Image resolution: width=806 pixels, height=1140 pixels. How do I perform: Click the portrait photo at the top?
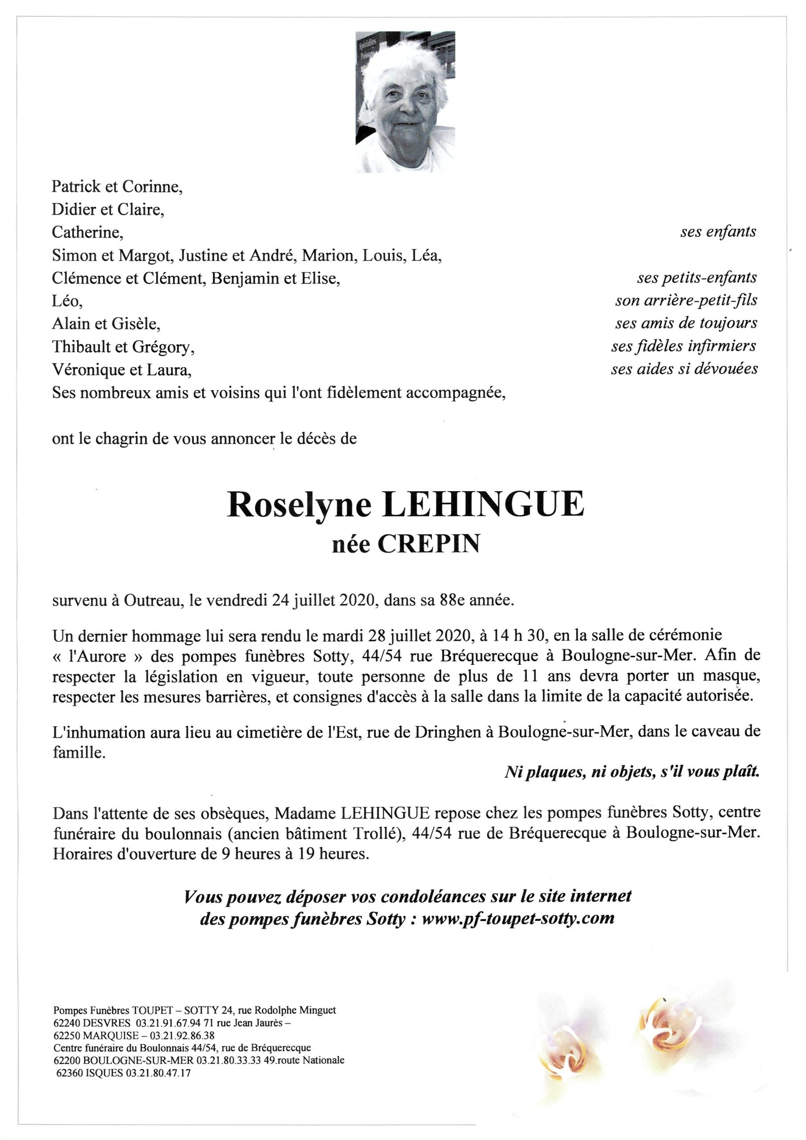click(x=405, y=102)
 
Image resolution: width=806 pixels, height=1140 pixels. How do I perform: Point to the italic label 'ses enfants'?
click(x=718, y=232)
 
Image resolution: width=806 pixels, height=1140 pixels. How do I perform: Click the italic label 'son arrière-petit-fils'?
click(x=686, y=301)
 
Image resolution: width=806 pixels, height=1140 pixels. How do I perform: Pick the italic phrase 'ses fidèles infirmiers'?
click(x=684, y=346)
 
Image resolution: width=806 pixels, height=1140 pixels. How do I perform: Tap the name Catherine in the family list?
click(x=87, y=232)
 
